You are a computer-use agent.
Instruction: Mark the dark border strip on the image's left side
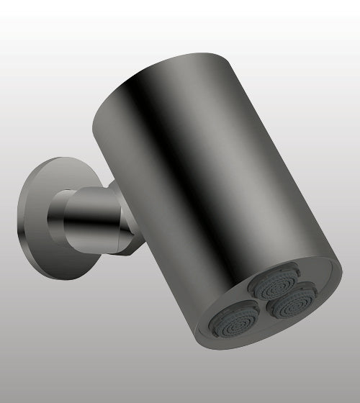pos(2,201)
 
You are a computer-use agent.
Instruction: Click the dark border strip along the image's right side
pos(357,201)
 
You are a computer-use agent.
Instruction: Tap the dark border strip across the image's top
pos(180,2)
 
